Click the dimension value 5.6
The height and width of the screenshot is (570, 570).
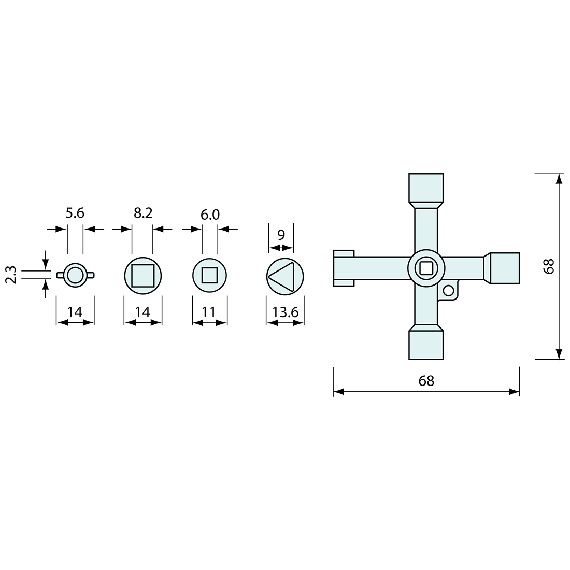(x=75, y=213)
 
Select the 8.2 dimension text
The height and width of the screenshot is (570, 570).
(x=142, y=213)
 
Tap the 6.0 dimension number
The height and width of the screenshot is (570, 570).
(x=210, y=215)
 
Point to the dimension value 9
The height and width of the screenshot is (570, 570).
(x=281, y=234)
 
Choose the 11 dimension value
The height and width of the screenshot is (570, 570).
(x=210, y=312)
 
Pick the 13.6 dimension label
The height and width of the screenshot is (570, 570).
(x=285, y=312)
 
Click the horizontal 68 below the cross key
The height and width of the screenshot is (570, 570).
(x=426, y=381)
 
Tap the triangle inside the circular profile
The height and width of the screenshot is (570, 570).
(x=283, y=275)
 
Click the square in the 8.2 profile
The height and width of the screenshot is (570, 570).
(x=142, y=275)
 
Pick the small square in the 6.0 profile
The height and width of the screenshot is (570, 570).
(x=209, y=275)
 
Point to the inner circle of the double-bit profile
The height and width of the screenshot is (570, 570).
(x=75, y=275)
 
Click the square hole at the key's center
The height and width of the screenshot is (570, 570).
(x=426, y=267)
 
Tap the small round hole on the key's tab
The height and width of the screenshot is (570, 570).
(x=448, y=290)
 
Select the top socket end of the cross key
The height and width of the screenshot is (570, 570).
(x=426, y=188)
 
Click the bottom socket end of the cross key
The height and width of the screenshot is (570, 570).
(x=426, y=344)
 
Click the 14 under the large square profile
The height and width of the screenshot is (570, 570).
(x=142, y=312)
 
